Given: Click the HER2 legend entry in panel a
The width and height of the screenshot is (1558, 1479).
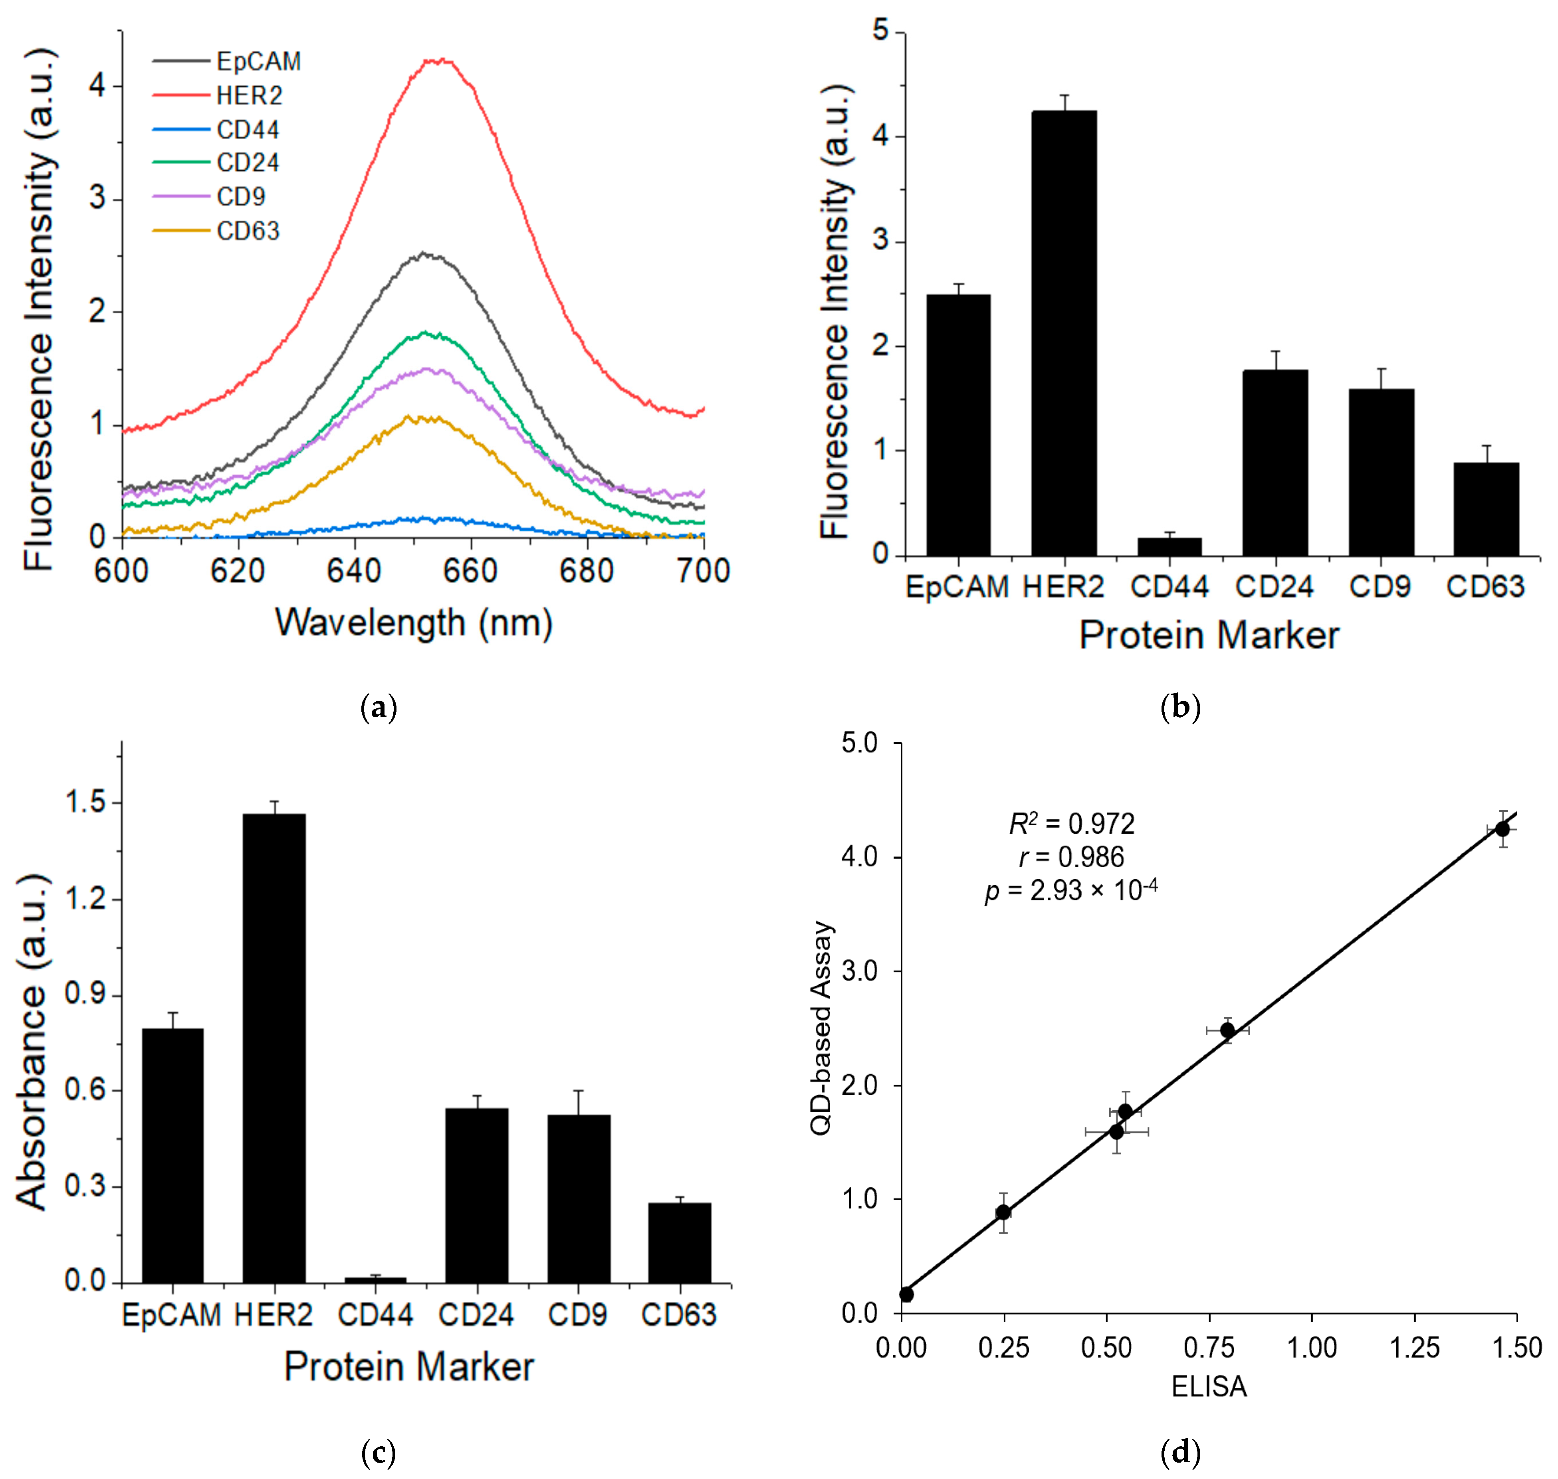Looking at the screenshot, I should click(x=248, y=95).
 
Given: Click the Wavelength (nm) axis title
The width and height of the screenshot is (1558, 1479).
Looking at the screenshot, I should click(x=413, y=623).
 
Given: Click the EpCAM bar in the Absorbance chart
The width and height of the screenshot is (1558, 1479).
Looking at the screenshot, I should click(x=173, y=1155).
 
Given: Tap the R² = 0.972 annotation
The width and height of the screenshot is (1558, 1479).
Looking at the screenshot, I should click(x=1071, y=824).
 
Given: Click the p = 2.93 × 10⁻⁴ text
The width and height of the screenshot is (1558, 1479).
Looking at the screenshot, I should click(x=1071, y=891).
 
